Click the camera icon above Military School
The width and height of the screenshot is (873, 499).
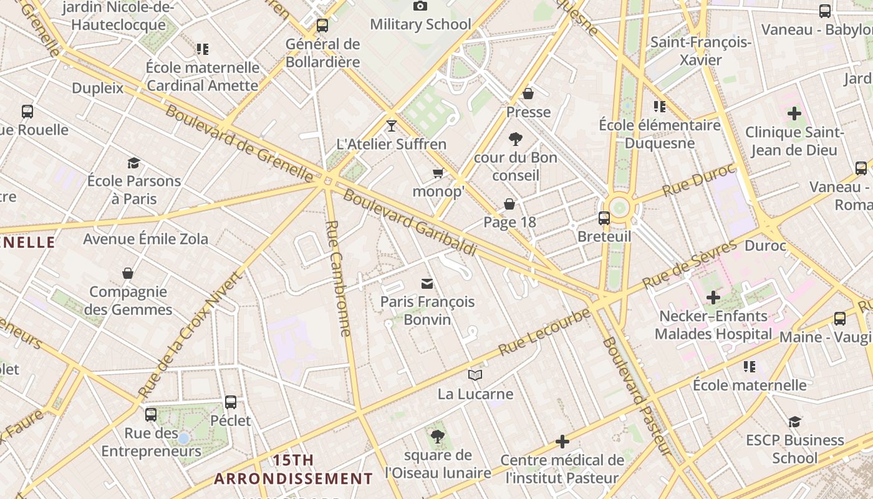pyautogui.click(x=420, y=6)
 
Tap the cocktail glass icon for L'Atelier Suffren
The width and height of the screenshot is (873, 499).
pyautogui.click(x=391, y=126)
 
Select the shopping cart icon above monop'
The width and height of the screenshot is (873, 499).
pyautogui.click(x=438, y=173)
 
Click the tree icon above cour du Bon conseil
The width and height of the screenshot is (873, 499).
pyautogui.click(x=515, y=138)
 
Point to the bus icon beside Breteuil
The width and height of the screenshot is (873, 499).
pyautogui.click(x=604, y=218)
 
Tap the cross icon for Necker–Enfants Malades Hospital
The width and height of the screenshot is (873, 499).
pyautogui.click(x=713, y=298)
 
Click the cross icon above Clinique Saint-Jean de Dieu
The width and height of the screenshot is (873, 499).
pyautogui.click(x=794, y=114)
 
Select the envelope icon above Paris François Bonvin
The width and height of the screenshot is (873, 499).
pyautogui.click(x=427, y=284)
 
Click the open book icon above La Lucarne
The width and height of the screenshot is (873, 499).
pyautogui.click(x=475, y=375)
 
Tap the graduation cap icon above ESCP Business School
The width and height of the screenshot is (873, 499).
pyautogui.click(x=794, y=422)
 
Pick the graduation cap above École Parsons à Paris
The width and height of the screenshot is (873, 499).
pyautogui.click(x=133, y=163)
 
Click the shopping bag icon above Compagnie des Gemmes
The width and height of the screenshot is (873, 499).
pyautogui.click(x=128, y=273)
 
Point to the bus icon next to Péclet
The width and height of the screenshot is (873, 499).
pyautogui.click(x=231, y=402)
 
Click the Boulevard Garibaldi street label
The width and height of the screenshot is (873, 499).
pyautogui.click(x=410, y=223)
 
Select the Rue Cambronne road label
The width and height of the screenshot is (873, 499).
pyautogui.click(x=339, y=278)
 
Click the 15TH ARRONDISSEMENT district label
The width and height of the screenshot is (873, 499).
pyautogui.click(x=294, y=470)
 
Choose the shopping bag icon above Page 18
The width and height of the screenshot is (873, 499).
pyautogui.click(x=509, y=204)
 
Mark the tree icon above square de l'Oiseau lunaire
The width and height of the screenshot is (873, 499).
pyautogui.click(x=437, y=436)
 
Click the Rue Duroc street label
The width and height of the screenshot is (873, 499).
pyautogui.click(x=698, y=180)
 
